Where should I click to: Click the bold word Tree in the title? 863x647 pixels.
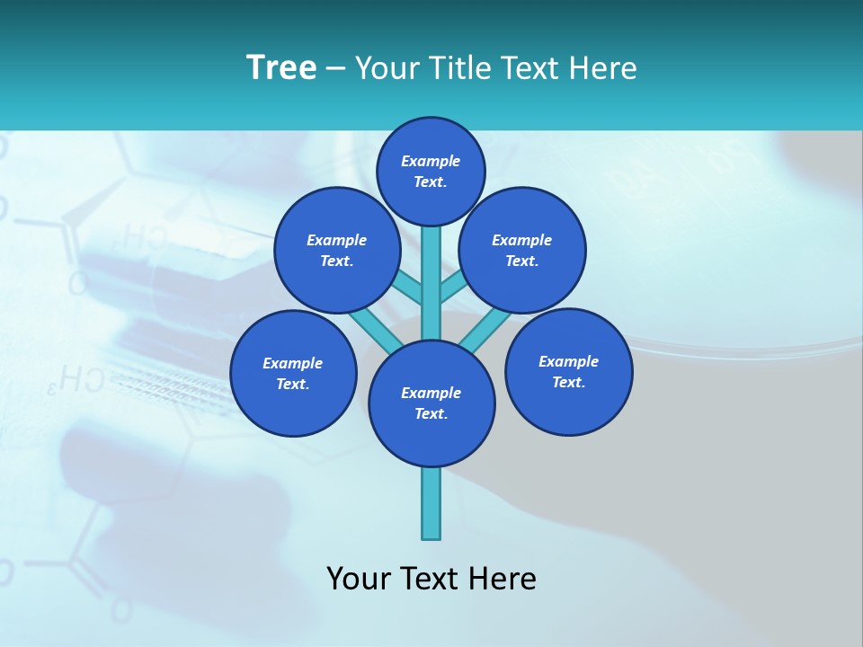click(281, 67)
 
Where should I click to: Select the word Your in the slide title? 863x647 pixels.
click(387, 67)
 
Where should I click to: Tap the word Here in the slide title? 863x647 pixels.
click(603, 67)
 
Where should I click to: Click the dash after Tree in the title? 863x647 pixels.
click(335, 68)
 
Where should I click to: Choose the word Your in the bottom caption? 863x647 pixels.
click(358, 578)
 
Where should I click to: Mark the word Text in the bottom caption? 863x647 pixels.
click(431, 578)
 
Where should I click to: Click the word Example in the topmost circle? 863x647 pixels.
click(431, 161)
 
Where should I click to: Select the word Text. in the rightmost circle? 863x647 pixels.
click(568, 382)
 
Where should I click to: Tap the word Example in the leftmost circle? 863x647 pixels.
click(292, 363)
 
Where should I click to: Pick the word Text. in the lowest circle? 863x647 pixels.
click(431, 413)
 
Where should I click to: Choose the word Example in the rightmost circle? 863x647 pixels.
click(568, 361)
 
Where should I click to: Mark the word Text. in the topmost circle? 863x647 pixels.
click(431, 182)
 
